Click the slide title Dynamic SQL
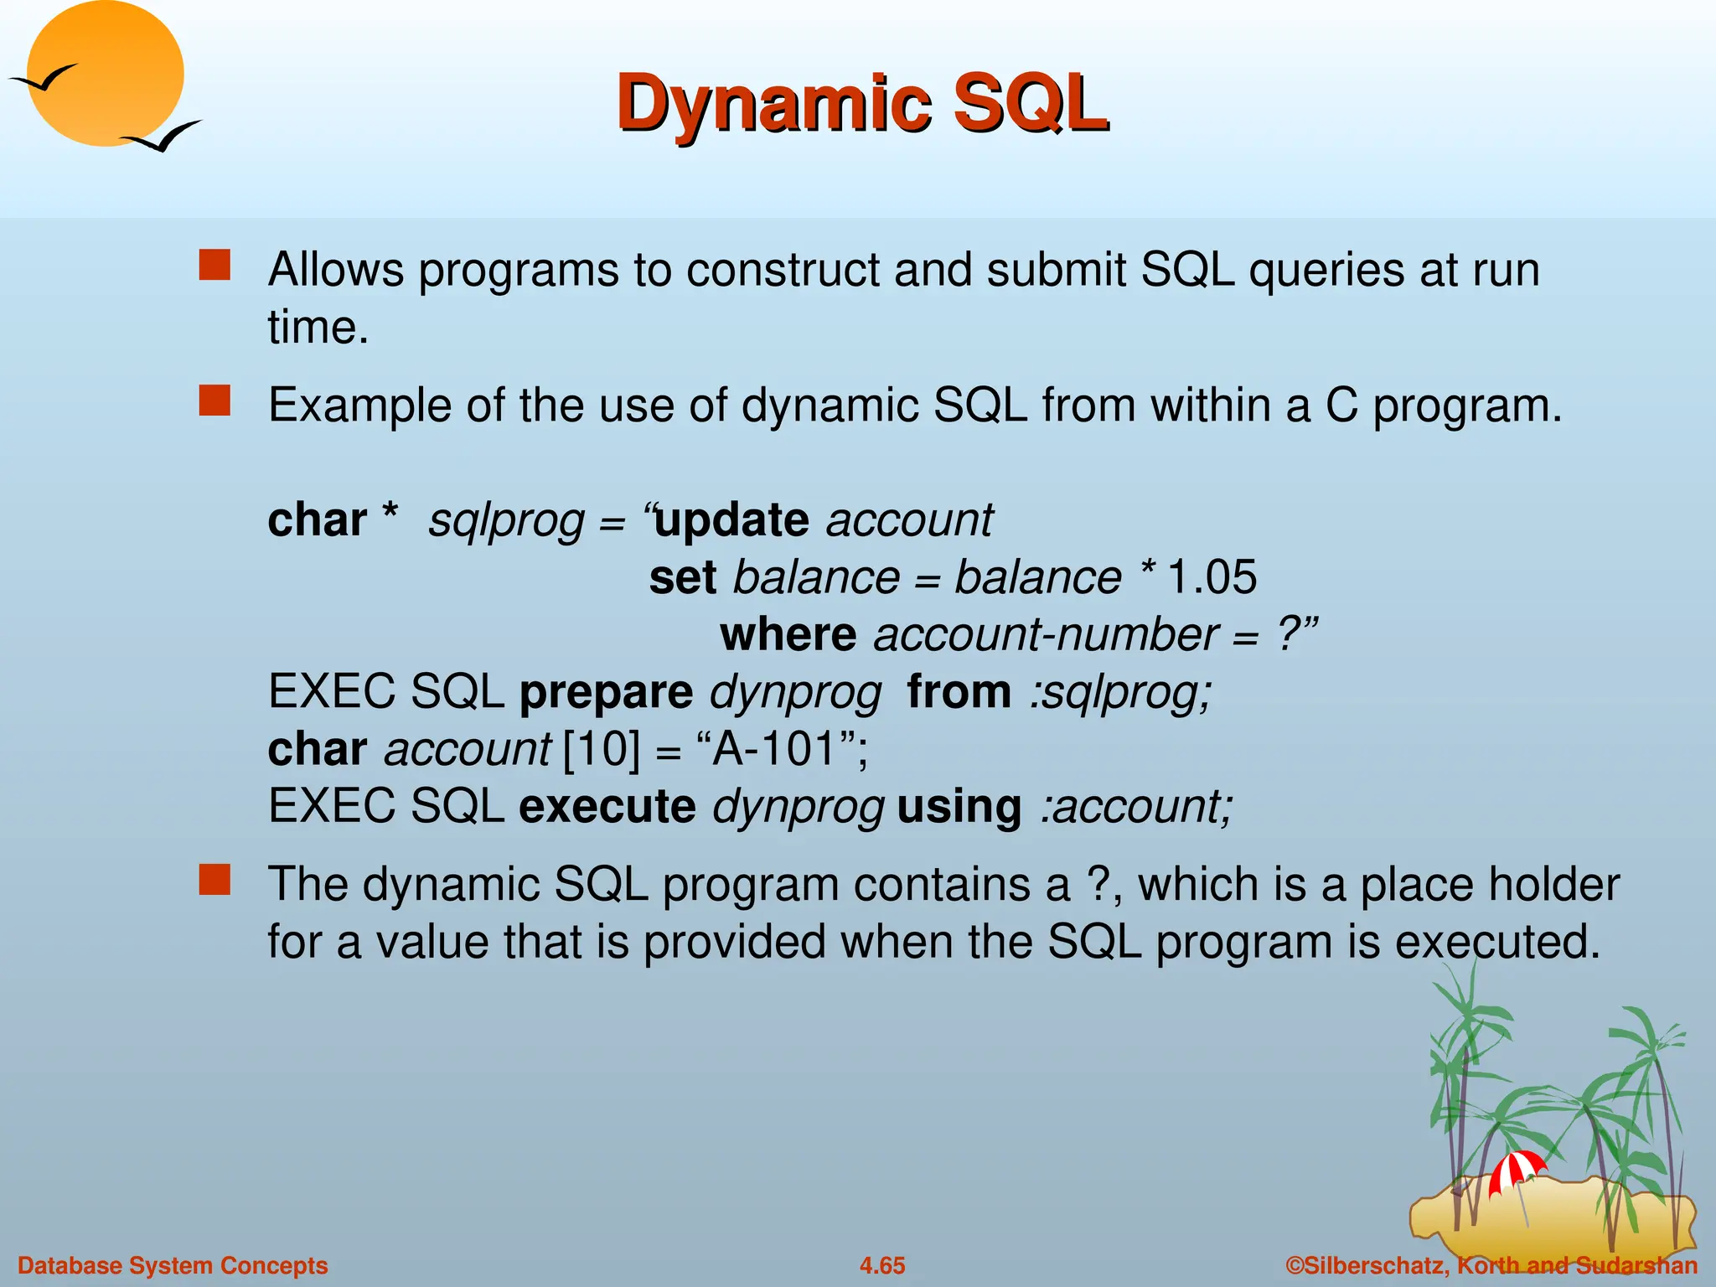point(863,104)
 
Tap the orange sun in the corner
point(105,71)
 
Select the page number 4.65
point(882,1265)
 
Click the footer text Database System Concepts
point(173,1265)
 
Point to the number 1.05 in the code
point(1212,577)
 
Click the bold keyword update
point(731,520)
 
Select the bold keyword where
point(788,634)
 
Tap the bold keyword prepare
point(606,692)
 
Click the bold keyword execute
point(607,806)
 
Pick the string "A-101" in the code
point(774,748)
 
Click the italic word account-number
point(1046,634)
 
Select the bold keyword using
point(959,806)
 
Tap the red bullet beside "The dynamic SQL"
point(214,880)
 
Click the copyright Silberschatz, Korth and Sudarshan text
point(1491,1265)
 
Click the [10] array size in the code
point(601,748)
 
